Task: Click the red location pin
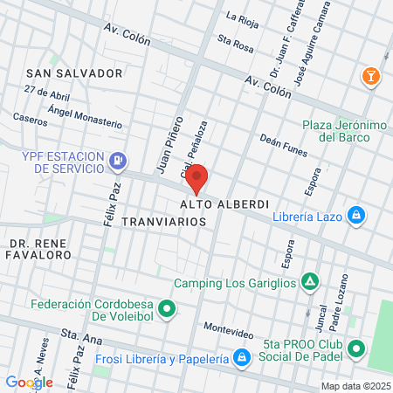(197, 177)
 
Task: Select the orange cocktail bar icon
(373, 77)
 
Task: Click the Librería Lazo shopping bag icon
(356, 215)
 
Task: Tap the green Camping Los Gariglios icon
(308, 281)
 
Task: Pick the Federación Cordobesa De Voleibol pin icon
(170, 307)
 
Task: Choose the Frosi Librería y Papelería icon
(240, 357)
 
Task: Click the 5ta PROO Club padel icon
(356, 350)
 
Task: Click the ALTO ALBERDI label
(224, 203)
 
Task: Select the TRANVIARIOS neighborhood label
(164, 222)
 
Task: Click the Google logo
(29, 382)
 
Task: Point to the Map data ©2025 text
(353, 386)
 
